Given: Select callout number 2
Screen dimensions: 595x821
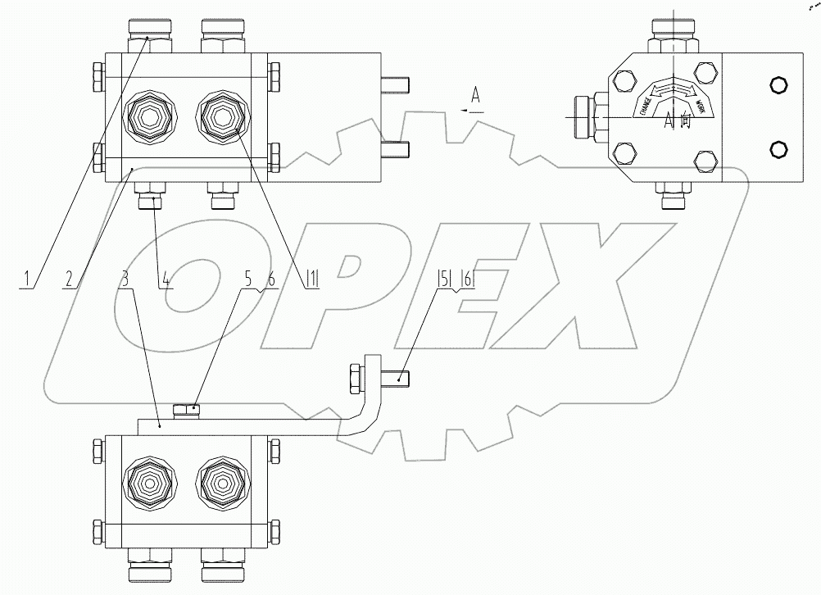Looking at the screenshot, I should (69, 279).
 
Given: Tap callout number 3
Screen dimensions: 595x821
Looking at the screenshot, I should (125, 279).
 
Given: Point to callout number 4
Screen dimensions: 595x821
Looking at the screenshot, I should (166, 279).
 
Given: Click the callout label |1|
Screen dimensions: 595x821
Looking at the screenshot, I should (311, 279).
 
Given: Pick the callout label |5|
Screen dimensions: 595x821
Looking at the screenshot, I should (443, 279).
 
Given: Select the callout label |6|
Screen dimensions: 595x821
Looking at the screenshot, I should (467, 279).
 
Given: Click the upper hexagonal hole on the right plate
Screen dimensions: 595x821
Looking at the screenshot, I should (777, 85).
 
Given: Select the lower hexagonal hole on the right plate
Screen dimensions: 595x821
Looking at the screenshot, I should (777, 148).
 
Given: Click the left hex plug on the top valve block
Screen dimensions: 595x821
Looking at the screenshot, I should (148, 118).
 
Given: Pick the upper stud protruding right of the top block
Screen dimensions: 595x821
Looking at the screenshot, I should (397, 83).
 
